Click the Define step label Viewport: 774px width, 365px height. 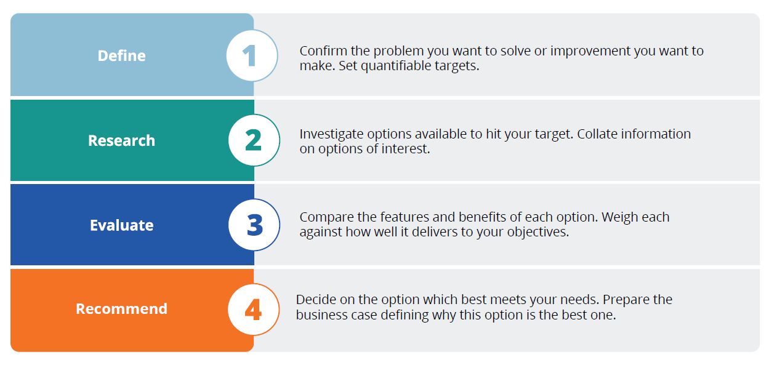[x=122, y=55]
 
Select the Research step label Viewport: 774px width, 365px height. [x=122, y=140]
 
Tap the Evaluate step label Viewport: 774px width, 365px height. [x=122, y=225]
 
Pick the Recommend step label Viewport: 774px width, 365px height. [x=122, y=309]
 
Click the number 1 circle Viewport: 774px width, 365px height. [x=252, y=55]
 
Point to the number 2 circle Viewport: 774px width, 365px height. [x=254, y=140]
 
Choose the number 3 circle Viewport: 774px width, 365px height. [x=254, y=225]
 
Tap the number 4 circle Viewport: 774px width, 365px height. [x=254, y=309]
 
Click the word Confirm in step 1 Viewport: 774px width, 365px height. [x=323, y=51]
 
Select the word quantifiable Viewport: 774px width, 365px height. [x=396, y=66]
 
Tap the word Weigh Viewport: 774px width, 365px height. [x=618, y=217]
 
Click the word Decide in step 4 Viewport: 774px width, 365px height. [x=316, y=300]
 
